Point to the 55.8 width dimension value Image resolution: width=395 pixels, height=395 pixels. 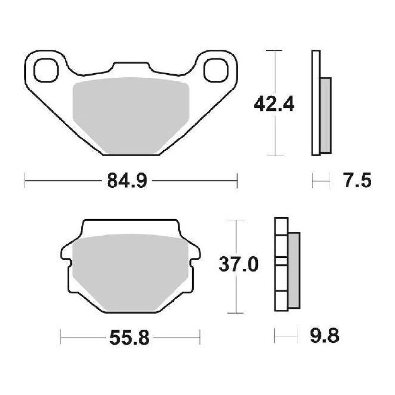pos(129,337)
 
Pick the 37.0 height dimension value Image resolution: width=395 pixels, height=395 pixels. pos(238,265)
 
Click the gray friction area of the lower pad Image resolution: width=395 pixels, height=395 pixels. pos(131,272)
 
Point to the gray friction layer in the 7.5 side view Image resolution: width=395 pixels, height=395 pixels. pos(326,116)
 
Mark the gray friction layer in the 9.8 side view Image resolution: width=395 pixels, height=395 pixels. pos(294,270)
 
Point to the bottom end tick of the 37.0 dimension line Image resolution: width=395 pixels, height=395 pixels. pos(236,313)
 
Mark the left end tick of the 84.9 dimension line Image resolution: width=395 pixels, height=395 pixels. pos(25,181)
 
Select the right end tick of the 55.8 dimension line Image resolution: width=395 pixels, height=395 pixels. pos(200,337)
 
